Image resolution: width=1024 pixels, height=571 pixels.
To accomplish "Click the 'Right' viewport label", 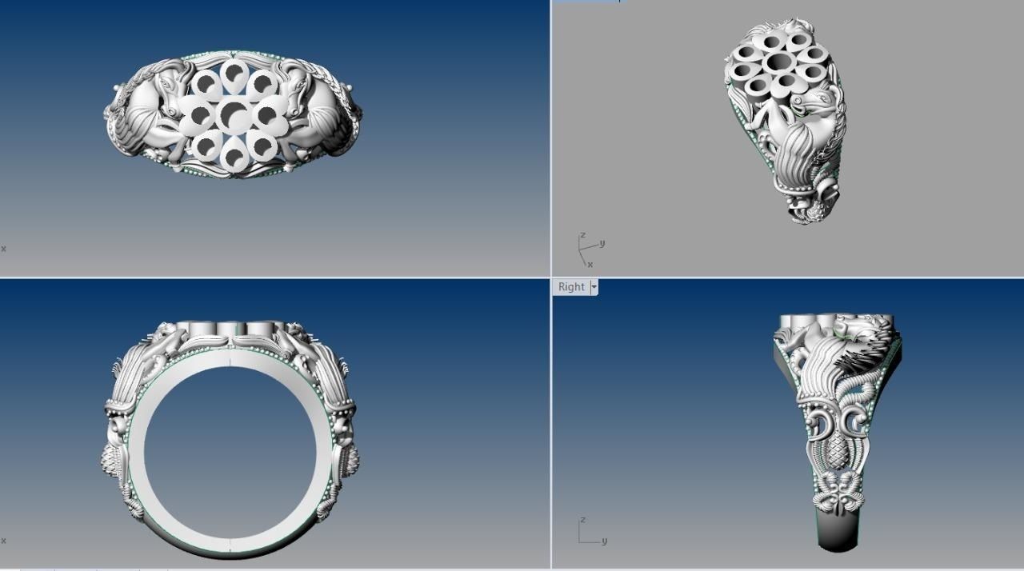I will (571, 287).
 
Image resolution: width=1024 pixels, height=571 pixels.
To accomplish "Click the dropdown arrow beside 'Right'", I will (594, 287).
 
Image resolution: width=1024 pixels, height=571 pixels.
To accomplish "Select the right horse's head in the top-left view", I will (293, 89).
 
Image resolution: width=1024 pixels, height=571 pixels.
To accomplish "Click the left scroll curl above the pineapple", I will (819, 424).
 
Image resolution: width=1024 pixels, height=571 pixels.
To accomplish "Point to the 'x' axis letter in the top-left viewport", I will (3, 249).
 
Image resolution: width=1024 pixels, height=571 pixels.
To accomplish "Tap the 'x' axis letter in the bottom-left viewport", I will (3, 541).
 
